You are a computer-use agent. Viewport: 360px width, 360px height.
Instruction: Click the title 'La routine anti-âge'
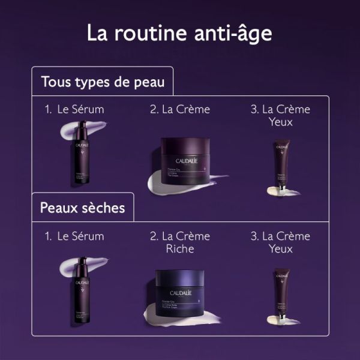[x=180, y=32]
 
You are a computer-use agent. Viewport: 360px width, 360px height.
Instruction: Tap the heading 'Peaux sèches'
[x=82, y=208]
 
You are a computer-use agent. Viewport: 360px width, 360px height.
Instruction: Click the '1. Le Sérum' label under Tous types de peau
[x=74, y=109]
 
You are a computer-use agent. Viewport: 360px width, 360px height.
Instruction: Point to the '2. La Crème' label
[x=179, y=109]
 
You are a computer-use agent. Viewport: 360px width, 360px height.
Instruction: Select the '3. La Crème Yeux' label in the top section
[x=280, y=116]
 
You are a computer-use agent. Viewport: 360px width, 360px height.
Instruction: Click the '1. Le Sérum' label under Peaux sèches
[x=74, y=236]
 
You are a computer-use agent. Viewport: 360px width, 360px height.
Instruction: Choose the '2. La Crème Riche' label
[x=179, y=242]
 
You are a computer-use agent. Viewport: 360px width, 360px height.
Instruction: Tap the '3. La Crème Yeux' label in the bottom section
[x=280, y=242]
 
